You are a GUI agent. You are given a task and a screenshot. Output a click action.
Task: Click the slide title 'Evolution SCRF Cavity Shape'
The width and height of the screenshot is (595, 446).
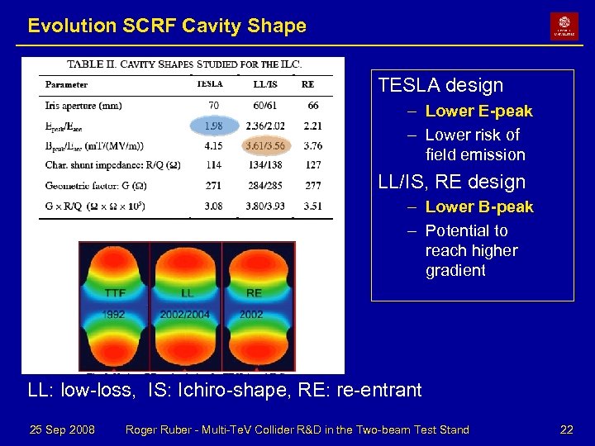pos(167,26)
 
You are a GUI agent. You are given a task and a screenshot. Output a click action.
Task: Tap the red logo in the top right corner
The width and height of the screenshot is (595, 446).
pos(564,26)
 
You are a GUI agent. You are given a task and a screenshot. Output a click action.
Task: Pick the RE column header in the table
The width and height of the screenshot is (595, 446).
pos(307,84)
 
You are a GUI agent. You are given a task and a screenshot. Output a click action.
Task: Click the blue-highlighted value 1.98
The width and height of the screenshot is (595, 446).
pos(213,126)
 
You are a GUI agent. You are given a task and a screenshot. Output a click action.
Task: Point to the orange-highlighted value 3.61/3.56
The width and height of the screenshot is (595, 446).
pos(265,145)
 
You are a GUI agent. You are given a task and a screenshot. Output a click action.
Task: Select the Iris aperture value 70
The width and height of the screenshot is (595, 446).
pos(213,106)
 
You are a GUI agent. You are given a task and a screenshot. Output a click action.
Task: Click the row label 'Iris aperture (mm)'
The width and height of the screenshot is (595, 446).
pos(83,106)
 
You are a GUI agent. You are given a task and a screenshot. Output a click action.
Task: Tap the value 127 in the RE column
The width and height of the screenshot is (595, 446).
pos(312,165)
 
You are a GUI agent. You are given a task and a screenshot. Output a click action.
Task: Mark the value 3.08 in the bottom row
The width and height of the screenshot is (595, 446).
pos(213,206)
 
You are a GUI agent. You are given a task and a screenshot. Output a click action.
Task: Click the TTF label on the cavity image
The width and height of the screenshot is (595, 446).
pos(116,293)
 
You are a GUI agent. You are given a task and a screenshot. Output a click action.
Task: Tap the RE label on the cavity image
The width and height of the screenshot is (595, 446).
pos(254,293)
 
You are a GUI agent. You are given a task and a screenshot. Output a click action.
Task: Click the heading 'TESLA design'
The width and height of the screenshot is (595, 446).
pos(440,85)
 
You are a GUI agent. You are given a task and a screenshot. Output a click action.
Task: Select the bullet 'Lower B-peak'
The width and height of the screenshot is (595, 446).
pos(479,206)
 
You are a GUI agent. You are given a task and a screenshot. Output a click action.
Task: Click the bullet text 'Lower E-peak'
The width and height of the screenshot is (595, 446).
pos(478,111)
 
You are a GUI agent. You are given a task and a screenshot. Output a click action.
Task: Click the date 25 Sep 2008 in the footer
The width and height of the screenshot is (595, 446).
pos(62,429)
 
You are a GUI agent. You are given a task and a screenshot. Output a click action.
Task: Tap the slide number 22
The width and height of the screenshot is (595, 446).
pos(566,429)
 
